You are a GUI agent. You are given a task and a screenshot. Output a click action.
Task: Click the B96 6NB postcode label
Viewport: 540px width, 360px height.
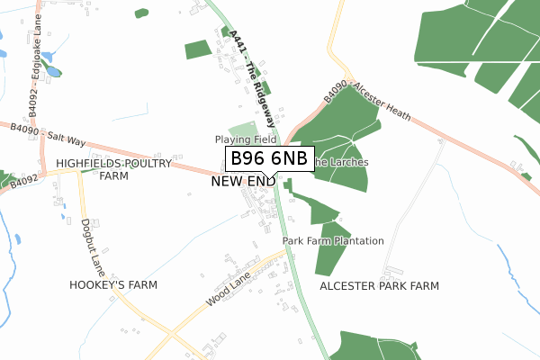[x=269, y=159]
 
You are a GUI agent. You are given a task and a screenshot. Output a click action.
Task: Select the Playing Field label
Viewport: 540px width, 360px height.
[x=245, y=140]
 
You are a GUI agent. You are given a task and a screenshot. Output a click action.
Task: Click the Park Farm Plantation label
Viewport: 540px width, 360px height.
[x=333, y=241]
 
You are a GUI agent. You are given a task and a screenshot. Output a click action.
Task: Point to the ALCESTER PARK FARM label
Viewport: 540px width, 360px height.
[x=379, y=285]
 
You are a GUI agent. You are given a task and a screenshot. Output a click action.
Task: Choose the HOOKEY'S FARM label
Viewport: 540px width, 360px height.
[x=113, y=284]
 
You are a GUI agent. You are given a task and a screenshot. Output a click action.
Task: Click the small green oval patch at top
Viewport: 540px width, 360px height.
[x=141, y=13]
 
